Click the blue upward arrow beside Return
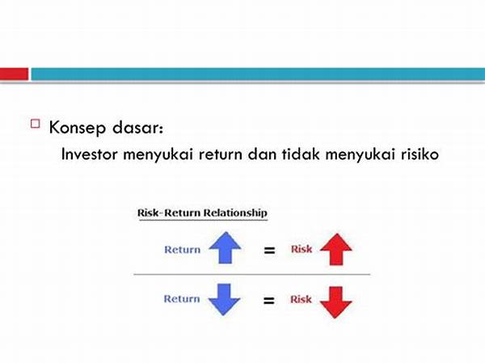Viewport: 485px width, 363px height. pos(225,247)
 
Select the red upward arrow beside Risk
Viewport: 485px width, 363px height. pos(336,249)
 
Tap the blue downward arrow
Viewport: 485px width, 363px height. pos(224,300)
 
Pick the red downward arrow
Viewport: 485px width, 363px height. pos(335,302)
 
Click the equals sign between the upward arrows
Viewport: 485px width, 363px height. pos(269,250)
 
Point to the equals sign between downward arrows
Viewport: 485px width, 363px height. pos(269,300)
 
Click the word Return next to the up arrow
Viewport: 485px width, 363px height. pos(182,250)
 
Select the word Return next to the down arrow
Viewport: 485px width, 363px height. pos(182,298)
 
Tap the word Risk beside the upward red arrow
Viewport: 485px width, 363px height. pos(302,249)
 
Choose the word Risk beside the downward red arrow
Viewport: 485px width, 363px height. pos(301,299)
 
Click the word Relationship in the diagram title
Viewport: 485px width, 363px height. pos(235,213)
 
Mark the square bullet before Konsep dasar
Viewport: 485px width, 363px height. pos(36,124)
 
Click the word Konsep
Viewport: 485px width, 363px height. pos(78,128)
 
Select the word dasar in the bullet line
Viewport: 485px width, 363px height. pos(137,127)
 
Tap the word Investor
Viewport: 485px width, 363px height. pos(90,154)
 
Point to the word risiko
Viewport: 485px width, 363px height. pos(420,154)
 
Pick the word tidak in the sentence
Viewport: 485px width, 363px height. pos(301,154)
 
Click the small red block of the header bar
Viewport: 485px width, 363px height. pos(14,74)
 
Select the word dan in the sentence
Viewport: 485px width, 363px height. pos(262,154)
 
